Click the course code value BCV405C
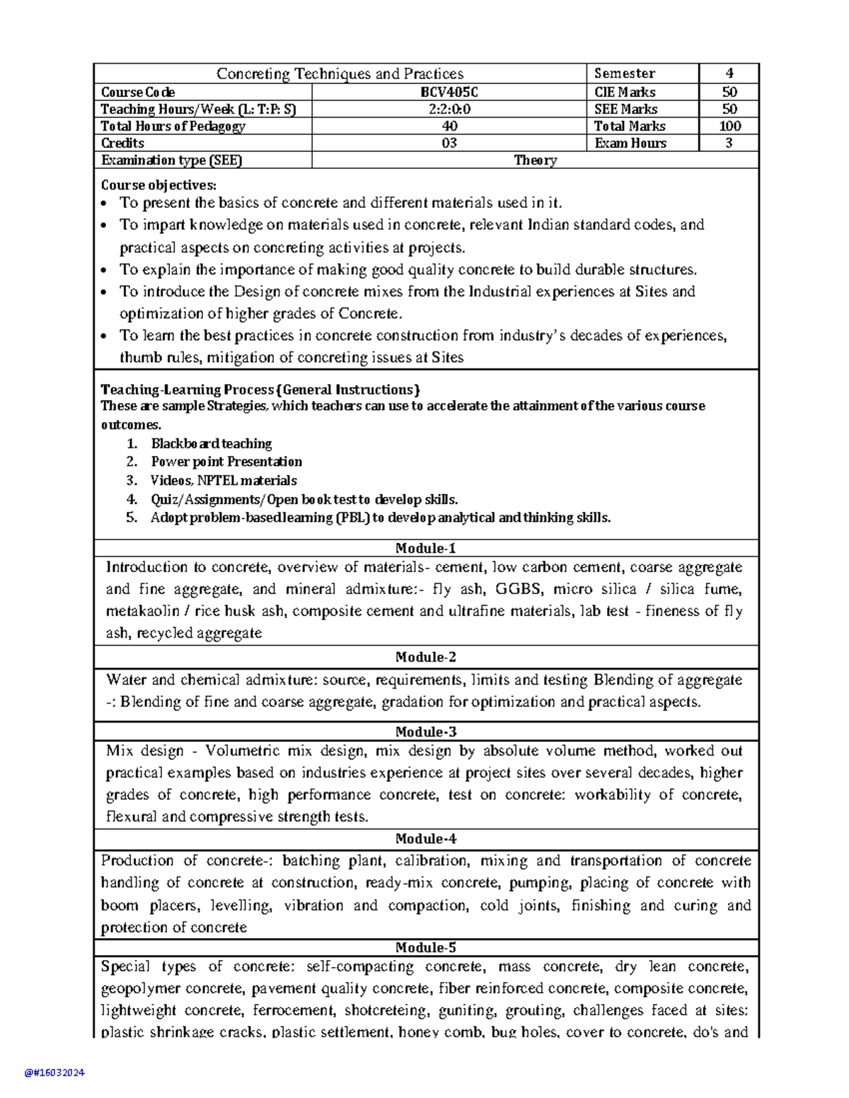(x=449, y=92)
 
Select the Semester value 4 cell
(x=729, y=74)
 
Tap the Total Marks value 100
(x=729, y=126)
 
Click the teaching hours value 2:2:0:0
(x=449, y=109)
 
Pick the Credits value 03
(x=449, y=143)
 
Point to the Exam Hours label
(x=630, y=143)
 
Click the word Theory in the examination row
(x=535, y=160)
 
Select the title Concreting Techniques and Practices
(x=340, y=74)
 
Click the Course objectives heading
(x=158, y=185)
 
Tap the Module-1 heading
(x=426, y=548)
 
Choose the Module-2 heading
(x=426, y=657)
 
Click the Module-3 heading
(x=426, y=732)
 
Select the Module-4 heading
(x=426, y=839)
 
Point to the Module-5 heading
(x=426, y=947)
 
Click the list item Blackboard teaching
(x=211, y=443)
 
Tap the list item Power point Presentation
(x=226, y=462)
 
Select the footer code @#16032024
(x=54, y=1073)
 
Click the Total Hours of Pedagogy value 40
(x=449, y=126)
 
